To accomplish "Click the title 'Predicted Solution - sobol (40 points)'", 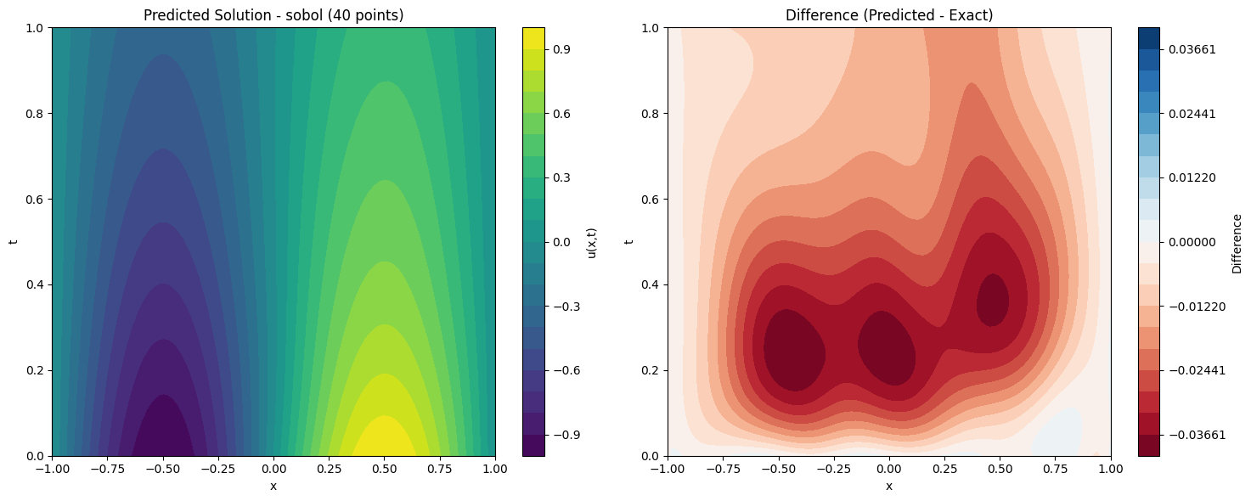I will click(273, 15).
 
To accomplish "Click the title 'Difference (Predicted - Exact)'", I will click(889, 15).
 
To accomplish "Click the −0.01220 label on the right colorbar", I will click(1189, 307).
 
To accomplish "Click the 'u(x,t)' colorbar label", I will click(592, 242).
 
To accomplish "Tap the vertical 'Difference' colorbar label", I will click(1237, 242).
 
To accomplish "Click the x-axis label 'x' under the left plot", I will click(273, 486).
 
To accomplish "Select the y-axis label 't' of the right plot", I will click(628, 242).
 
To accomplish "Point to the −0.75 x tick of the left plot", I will click(107, 470).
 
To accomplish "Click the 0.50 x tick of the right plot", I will click(1000, 470).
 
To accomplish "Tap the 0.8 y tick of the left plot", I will click(37, 114).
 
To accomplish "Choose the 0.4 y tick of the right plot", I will click(653, 285).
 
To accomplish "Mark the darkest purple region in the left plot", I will click(162, 437).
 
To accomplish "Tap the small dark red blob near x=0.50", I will click(993, 300).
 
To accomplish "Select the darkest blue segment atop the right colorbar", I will click(1148, 37).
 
